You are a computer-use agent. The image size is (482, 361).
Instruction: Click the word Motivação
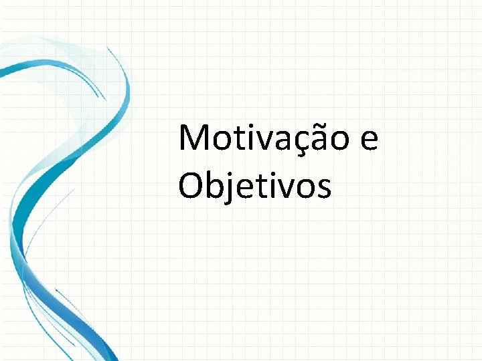(264, 138)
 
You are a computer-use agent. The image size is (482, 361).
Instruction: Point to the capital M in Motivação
(194, 138)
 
